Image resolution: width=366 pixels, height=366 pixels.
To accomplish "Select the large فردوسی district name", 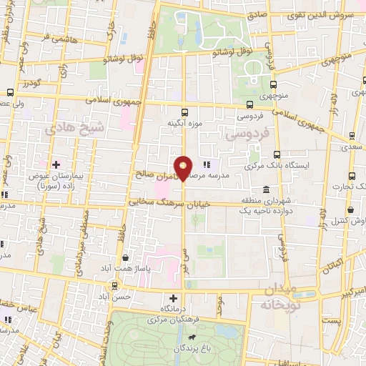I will pos(246,134).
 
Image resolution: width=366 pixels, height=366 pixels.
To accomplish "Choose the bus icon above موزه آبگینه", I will pos(185,112).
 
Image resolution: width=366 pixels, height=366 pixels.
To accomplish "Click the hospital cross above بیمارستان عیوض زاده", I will pos(56,164).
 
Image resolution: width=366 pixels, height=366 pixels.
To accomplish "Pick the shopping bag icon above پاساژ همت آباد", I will pos(127,257).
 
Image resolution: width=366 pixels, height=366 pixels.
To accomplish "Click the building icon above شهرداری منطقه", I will pos(266,189).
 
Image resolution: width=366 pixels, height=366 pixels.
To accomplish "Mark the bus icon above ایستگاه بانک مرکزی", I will pos(277,154).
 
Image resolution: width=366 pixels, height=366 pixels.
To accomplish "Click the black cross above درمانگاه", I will pos(172,297).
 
